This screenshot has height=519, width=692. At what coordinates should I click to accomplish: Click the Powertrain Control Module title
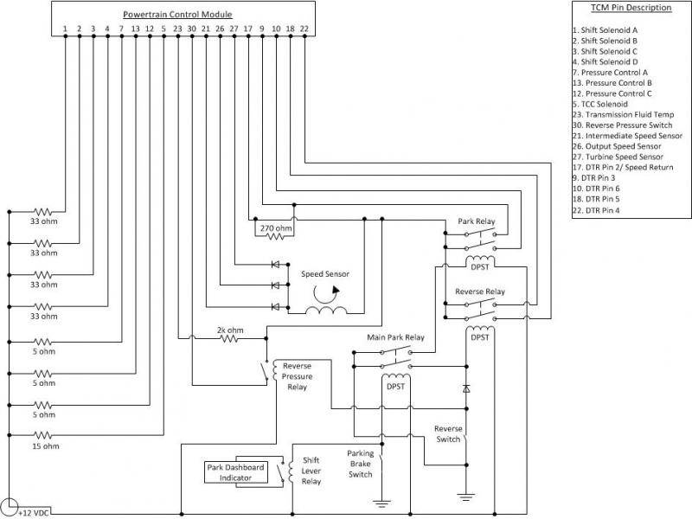pos(177,15)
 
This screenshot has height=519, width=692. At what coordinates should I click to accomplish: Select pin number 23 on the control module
pos(177,29)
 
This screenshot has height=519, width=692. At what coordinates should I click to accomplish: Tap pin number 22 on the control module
pos(304,29)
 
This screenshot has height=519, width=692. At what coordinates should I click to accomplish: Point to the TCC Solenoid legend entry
pos(606,104)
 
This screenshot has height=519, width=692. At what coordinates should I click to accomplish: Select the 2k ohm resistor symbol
pos(230,339)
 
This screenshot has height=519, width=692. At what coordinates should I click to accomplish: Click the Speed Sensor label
pos(324,274)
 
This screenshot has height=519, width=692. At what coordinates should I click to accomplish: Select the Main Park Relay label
pos(395,336)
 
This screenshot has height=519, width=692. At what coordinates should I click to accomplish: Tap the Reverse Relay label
pos(480,292)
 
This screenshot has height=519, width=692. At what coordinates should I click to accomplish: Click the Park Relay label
pos(476,221)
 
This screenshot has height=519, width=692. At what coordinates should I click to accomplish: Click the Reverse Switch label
pos(448,433)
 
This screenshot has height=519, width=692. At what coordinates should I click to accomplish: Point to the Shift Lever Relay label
pos(311,471)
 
